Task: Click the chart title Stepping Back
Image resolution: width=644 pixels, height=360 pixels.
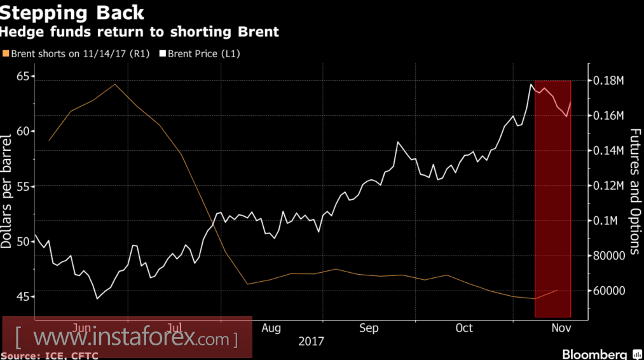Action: click(x=72, y=13)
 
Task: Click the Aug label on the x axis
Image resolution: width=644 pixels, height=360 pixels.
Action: click(x=271, y=328)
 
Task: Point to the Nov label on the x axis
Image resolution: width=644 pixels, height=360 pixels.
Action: click(x=558, y=328)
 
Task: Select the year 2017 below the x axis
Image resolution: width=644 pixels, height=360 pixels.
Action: click(x=311, y=341)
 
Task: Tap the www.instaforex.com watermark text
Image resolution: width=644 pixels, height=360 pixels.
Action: click(x=127, y=336)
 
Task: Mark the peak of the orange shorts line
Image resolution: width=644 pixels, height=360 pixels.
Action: click(x=114, y=84)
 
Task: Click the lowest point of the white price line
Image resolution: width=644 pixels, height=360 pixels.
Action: click(x=97, y=298)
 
